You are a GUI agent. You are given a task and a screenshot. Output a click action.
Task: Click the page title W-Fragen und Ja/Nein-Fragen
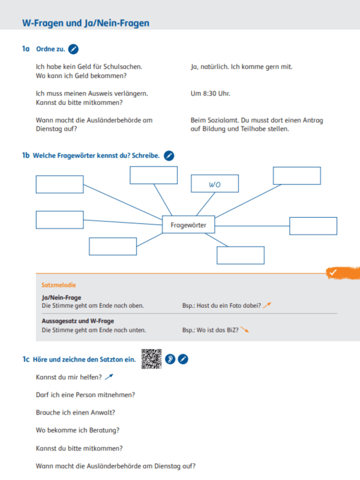click(85, 23)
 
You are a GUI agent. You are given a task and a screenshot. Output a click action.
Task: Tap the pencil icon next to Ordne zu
click(73, 49)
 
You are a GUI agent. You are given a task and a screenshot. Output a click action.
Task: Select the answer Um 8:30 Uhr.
click(210, 94)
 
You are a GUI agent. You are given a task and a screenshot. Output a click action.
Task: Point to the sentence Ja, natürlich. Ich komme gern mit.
click(241, 67)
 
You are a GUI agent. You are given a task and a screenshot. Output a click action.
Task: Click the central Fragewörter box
click(188, 225)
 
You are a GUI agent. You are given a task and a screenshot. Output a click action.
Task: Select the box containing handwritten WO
click(215, 185)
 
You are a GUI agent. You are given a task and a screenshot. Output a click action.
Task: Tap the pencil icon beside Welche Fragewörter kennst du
click(169, 156)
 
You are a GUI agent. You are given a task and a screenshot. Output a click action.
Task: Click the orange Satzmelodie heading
click(58, 285)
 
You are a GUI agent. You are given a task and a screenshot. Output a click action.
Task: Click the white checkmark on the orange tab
click(332, 272)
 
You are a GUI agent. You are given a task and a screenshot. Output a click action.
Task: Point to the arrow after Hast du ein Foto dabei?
click(268, 305)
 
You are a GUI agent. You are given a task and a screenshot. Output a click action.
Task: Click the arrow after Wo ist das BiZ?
click(244, 330)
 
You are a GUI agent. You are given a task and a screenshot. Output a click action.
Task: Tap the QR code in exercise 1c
click(151, 359)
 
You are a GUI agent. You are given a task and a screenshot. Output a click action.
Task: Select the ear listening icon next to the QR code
click(170, 359)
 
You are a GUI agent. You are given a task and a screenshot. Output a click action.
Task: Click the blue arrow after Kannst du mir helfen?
click(109, 377)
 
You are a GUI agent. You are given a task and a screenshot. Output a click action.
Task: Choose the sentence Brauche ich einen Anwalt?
click(76, 412)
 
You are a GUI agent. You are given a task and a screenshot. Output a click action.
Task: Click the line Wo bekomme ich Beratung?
click(77, 430)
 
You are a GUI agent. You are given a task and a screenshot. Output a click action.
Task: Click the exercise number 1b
click(26, 156)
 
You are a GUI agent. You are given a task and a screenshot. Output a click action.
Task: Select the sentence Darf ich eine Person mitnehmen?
click(85, 395)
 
